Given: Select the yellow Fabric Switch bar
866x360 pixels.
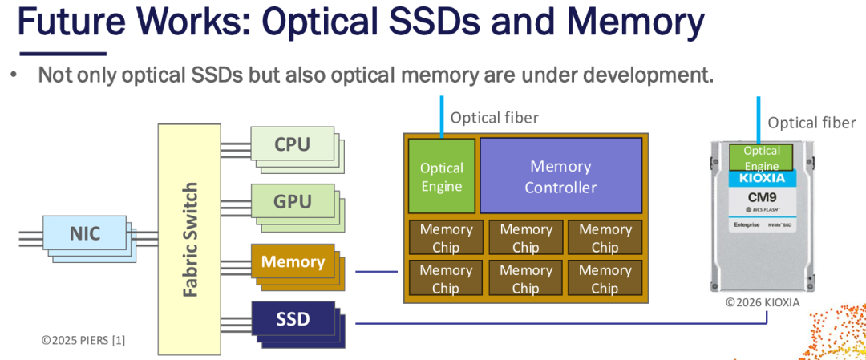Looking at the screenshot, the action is (189, 239).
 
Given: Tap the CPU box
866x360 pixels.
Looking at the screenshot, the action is (292, 144).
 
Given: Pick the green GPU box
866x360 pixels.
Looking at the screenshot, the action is (292, 201).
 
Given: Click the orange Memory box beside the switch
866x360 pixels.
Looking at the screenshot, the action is (292, 261).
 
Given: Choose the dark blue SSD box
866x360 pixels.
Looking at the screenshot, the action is (292, 318).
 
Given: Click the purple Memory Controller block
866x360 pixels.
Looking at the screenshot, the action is (560, 176).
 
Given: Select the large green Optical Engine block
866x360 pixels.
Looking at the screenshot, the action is (441, 176).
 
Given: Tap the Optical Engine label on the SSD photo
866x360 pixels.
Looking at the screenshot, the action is (761, 158).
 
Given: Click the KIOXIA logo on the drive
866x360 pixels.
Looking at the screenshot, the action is (761, 178).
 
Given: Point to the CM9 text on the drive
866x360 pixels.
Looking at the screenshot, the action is (761, 196).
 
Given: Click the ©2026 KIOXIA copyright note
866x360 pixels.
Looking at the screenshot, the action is (763, 303).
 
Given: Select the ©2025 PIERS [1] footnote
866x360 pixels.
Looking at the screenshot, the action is (83, 340).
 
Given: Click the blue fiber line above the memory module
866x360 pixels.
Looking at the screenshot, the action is (441, 116).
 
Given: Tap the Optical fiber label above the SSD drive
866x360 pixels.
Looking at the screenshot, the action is (811, 122).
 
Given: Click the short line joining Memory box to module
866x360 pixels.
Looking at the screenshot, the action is (376, 271).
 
